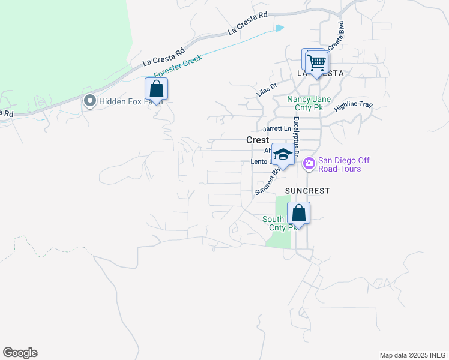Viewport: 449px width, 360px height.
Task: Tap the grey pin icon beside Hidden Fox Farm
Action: [91, 101]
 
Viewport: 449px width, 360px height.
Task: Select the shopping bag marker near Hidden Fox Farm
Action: [156, 89]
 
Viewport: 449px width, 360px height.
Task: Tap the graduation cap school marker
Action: [283, 155]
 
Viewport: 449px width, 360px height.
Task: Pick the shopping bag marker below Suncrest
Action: [298, 213]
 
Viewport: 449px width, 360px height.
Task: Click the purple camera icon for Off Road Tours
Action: [309, 163]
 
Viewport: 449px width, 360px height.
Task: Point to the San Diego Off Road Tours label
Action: [339, 164]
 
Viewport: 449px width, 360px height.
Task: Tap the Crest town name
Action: [258, 140]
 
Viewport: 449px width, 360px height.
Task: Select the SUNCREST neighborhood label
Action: [307, 191]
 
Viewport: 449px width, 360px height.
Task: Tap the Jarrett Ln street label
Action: [277, 129]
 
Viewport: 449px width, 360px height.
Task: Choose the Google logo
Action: [20, 353]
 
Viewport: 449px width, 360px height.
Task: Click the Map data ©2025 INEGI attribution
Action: [413, 355]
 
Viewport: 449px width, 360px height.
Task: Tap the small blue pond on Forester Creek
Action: [279, 28]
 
